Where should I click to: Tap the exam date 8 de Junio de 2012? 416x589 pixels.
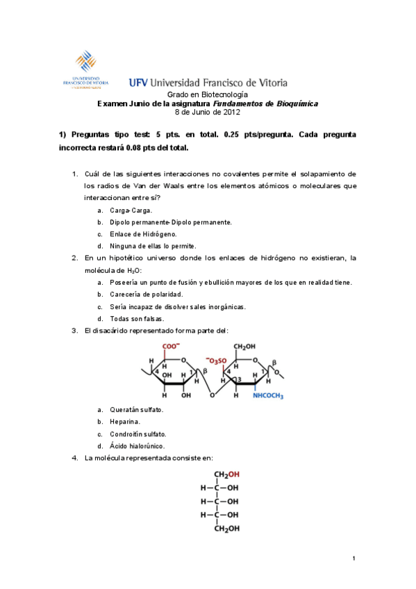207,111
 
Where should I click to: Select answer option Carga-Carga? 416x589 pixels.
131,210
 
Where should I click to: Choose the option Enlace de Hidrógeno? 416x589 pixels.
138,233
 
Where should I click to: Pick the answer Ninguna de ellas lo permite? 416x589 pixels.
152,245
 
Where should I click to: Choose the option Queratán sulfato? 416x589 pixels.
136,409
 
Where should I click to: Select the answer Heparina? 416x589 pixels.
125,421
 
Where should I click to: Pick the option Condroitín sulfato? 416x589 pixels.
138,433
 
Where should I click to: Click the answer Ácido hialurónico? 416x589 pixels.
137,446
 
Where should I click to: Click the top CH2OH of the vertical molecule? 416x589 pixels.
226,475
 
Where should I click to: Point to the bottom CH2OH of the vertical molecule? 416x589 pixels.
226,528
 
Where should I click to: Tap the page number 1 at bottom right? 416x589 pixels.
353,558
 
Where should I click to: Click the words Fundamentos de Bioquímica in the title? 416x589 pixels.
276,103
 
